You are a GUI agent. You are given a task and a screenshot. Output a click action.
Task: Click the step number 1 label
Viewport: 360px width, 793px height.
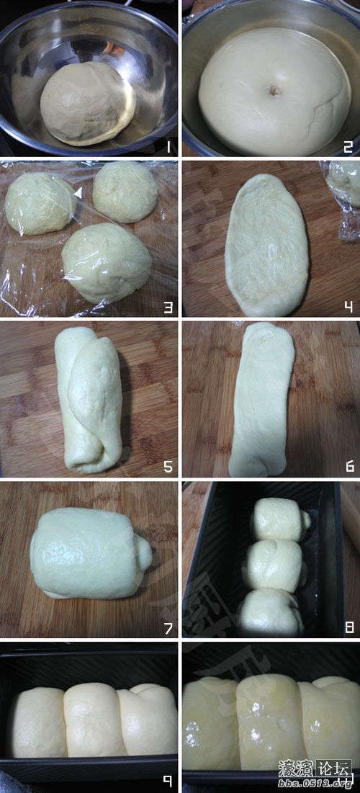(x=167, y=148)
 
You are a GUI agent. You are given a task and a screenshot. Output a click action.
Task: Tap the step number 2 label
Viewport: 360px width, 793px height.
(x=348, y=148)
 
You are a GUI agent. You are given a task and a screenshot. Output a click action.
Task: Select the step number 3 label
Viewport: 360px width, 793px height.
(x=168, y=308)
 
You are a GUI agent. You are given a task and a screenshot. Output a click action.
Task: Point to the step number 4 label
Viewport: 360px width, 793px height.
(x=348, y=308)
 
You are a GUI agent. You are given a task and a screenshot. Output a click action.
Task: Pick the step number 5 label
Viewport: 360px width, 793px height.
(x=168, y=467)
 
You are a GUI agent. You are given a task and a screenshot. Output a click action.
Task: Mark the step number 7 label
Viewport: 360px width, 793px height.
(x=168, y=628)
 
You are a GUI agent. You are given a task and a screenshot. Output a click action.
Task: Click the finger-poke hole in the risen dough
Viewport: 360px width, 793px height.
(x=274, y=91)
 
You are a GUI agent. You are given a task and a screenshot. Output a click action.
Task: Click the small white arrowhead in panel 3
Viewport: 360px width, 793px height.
(x=78, y=192)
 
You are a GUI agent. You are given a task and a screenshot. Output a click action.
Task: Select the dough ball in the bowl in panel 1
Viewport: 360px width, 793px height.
(x=86, y=103)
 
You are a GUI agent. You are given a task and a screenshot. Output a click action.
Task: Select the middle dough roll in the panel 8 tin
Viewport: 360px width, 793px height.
(x=273, y=565)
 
